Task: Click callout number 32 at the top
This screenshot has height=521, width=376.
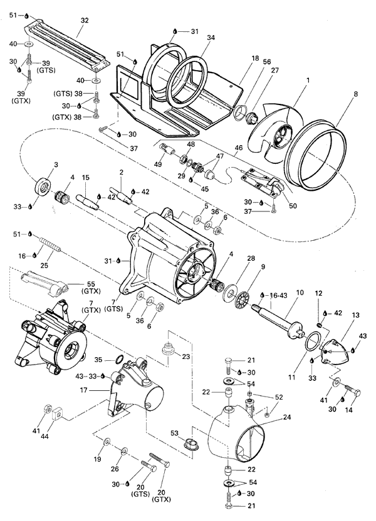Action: click(x=83, y=20)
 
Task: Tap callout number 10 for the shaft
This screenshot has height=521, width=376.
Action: click(x=300, y=292)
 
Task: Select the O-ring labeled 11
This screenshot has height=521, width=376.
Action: click(x=312, y=343)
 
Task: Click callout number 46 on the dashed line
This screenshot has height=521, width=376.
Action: click(x=238, y=148)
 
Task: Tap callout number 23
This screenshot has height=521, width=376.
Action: click(x=185, y=357)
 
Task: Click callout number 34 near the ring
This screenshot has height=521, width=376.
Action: click(x=211, y=38)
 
